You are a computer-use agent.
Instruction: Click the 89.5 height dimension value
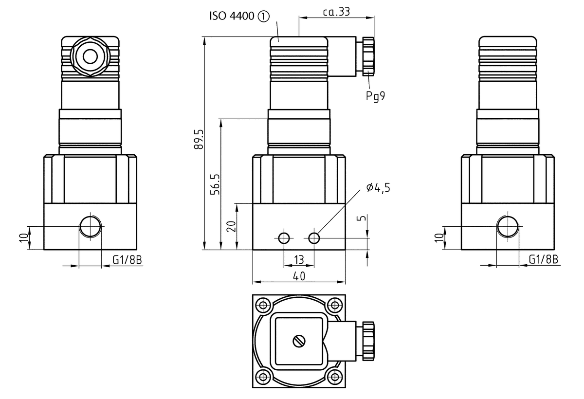[199, 139]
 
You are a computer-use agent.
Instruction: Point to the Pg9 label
[375, 96]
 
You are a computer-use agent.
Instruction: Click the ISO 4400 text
[232, 17]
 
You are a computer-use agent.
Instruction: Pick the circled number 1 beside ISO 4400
[263, 17]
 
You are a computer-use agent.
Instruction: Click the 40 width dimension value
[299, 276]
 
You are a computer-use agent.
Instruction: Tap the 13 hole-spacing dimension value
[299, 259]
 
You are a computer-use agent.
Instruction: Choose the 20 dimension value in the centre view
[232, 226]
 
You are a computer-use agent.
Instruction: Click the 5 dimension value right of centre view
[361, 218]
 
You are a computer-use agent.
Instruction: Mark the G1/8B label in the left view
[127, 260]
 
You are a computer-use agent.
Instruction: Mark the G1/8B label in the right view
[544, 260]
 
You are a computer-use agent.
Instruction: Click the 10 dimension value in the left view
[23, 238]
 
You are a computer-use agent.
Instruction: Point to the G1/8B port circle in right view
[508, 226]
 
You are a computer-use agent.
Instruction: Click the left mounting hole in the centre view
[283, 238]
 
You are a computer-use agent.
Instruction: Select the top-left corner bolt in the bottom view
[264, 306]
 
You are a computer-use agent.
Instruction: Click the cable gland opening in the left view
[90, 57]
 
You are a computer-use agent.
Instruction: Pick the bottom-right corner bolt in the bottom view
[334, 376]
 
